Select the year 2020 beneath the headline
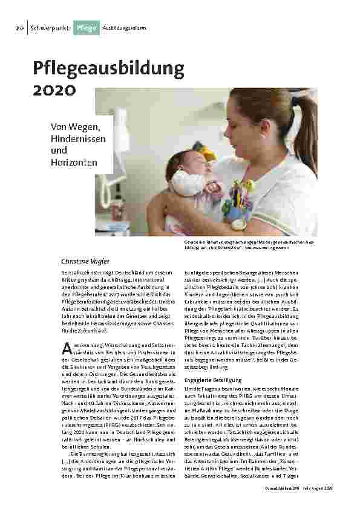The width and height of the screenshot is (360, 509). click(x=54, y=91)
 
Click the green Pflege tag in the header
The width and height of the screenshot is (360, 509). click(x=85, y=28)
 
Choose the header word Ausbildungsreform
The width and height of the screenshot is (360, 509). click(x=124, y=28)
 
